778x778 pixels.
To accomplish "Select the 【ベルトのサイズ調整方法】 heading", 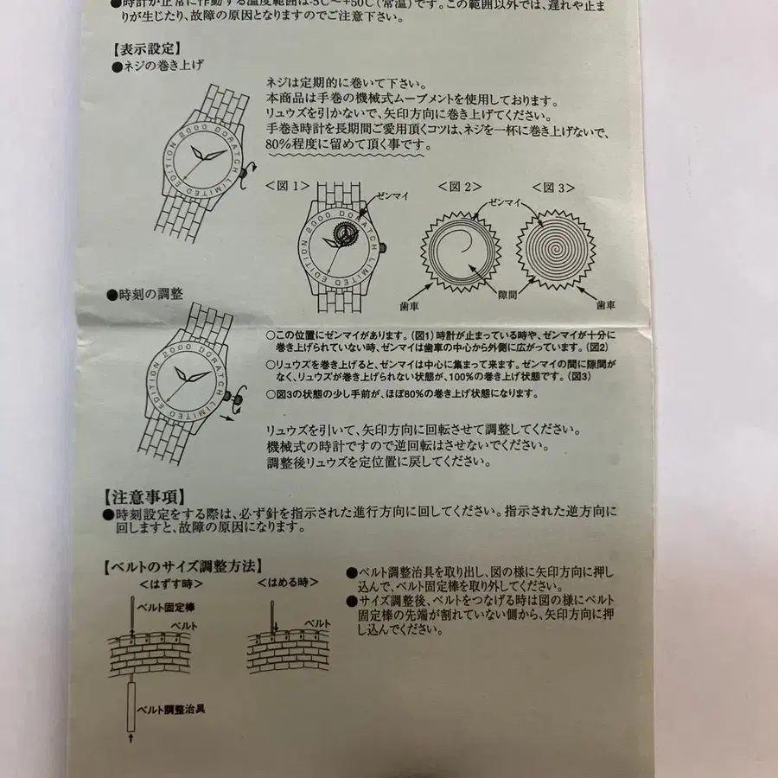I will click(x=181, y=567).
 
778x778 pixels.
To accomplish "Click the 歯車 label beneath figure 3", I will click(x=606, y=305).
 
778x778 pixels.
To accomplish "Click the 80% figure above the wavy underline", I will click(x=282, y=134).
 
